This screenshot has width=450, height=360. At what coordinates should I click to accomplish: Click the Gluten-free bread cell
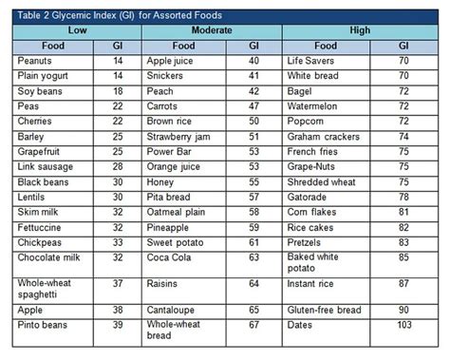tap(325, 310)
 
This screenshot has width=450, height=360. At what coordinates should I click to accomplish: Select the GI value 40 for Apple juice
tap(253, 60)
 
